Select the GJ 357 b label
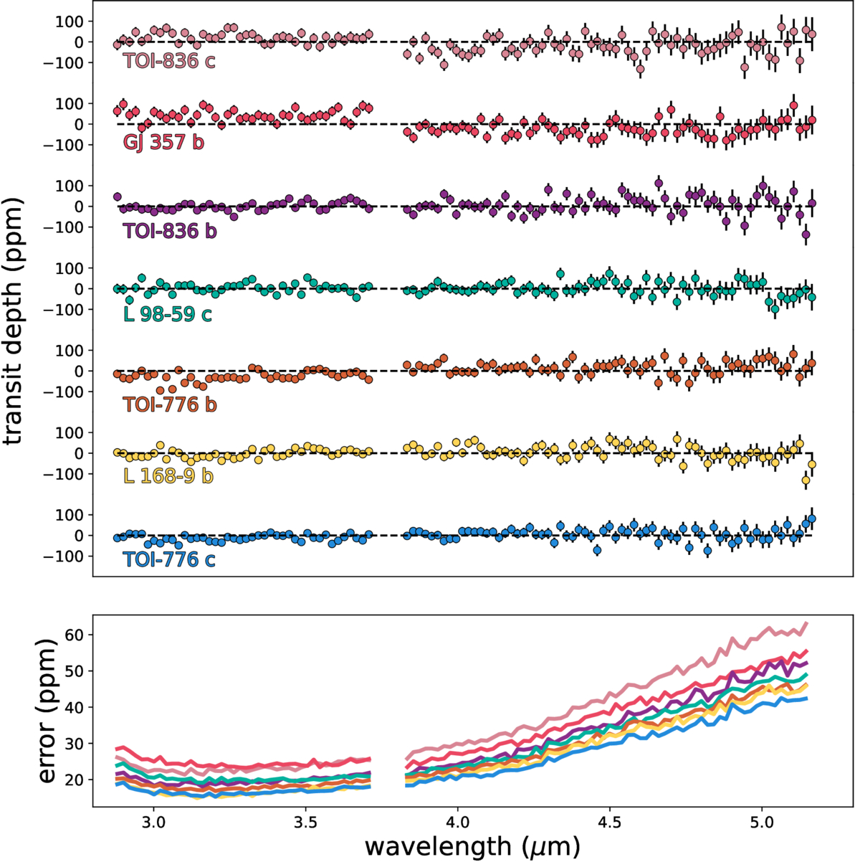click(163, 142)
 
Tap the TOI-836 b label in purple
click(169, 232)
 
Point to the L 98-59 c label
click(168, 313)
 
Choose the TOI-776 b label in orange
click(170, 404)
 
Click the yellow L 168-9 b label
click(168, 475)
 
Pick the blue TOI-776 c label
click(169, 559)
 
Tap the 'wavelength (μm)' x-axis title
click(471, 845)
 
